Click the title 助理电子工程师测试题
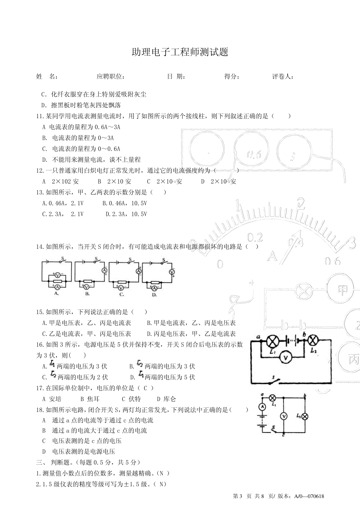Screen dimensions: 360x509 [180, 52]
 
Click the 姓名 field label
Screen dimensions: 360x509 [47, 77]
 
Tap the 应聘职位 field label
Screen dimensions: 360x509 [111, 77]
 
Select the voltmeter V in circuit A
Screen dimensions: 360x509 [57, 275]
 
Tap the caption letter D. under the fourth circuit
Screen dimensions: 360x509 [154, 294]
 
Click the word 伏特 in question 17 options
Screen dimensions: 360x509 [135, 399]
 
